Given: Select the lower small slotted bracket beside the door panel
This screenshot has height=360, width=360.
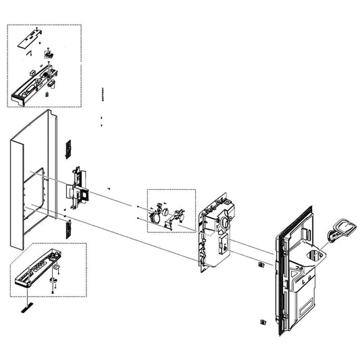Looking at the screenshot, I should (68, 228).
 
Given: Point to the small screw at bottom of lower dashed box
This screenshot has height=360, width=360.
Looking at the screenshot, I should (54, 289).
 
